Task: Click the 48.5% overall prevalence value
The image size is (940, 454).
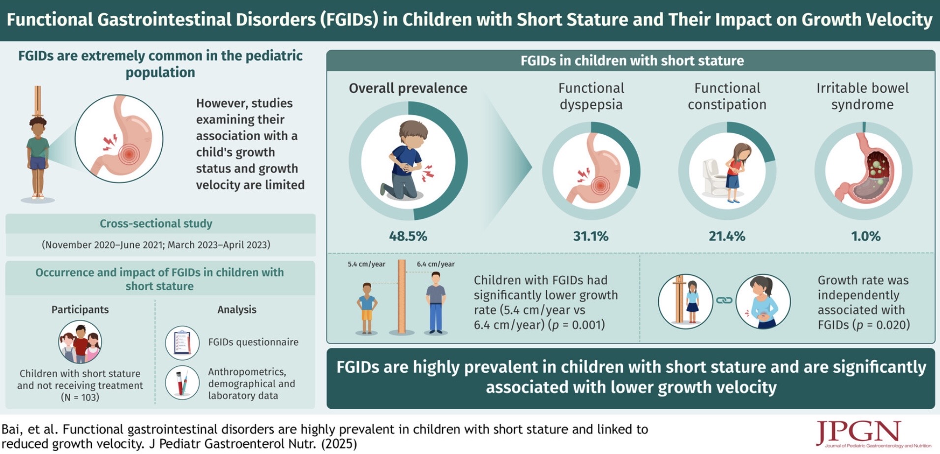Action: (x=408, y=236)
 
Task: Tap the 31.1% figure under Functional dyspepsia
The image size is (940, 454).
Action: (x=590, y=236)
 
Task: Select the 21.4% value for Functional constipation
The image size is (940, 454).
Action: (x=727, y=236)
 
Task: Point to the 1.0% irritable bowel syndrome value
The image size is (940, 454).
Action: (x=865, y=236)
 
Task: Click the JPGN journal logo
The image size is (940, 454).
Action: (x=858, y=433)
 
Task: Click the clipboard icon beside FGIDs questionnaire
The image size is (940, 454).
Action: (x=182, y=342)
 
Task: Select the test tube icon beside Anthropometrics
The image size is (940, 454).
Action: (x=182, y=383)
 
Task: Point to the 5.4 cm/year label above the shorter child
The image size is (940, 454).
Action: (x=366, y=264)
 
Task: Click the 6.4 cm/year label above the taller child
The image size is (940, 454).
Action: (x=436, y=264)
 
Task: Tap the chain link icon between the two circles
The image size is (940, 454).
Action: (x=724, y=300)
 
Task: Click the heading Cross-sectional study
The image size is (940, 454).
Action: (x=156, y=223)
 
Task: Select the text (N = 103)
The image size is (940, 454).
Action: (x=80, y=397)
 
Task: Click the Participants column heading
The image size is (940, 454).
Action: (x=80, y=309)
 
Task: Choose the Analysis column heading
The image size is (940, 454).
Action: (x=237, y=309)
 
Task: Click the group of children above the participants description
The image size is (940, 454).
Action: (x=80, y=341)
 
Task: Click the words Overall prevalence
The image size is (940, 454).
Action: (x=408, y=88)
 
